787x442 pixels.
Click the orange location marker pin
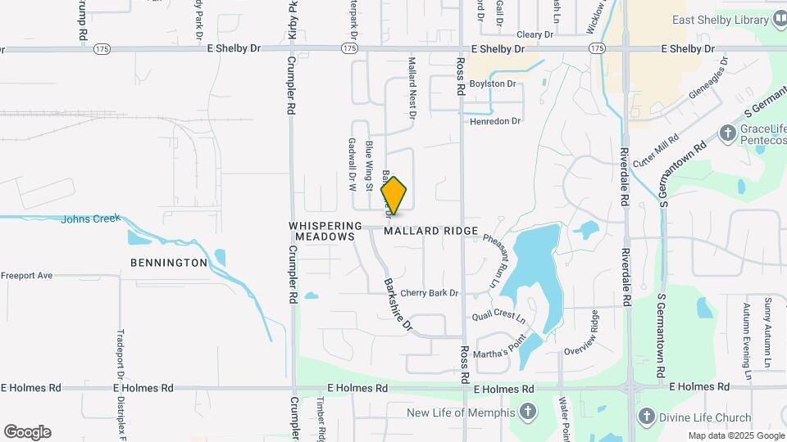coord(394,195)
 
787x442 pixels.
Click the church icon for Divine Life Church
coord(647,417)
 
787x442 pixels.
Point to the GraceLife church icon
coord(727,132)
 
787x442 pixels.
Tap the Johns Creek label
coord(90,219)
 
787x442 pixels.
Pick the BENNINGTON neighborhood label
coord(169,263)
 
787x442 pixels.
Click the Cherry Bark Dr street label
coord(430,293)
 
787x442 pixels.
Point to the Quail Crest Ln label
coord(498,315)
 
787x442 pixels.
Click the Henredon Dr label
coord(495,121)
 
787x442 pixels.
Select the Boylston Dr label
coord(494,83)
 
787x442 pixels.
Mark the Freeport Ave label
coord(26,276)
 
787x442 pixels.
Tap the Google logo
coord(27,432)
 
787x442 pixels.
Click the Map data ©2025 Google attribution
coord(735,436)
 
